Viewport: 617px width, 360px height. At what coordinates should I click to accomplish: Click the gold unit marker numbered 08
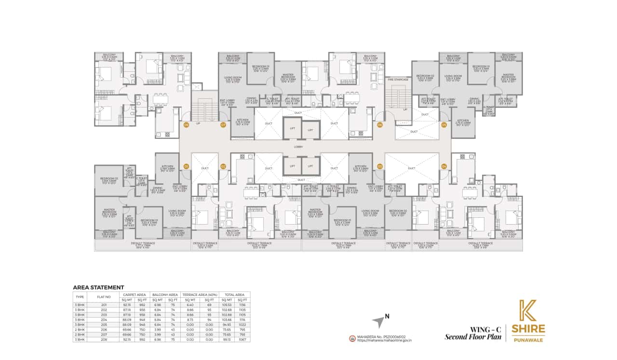pyautogui.click(x=186, y=125)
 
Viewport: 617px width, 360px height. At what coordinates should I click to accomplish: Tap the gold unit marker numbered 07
pyautogui.click(x=223, y=125)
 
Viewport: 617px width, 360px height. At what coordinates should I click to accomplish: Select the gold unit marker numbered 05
pyautogui.click(x=444, y=125)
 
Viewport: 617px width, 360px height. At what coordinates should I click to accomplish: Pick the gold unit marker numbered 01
pyautogui.click(x=186, y=166)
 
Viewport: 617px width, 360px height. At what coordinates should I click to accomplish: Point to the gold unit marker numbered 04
pyautogui.click(x=444, y=166)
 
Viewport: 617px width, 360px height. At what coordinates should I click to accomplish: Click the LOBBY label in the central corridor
pyautogui.click(x=299, y=147)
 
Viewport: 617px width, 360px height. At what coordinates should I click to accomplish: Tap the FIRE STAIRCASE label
pyautogui.click(x=398, y=79)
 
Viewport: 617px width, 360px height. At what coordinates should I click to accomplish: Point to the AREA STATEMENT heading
pyautogui.click(x=98, y=287)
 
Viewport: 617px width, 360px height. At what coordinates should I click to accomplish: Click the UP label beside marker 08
pyautogui.click(x=198, y=123)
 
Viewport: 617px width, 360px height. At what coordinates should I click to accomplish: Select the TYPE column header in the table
pyautogui.click(x=80, y=297)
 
